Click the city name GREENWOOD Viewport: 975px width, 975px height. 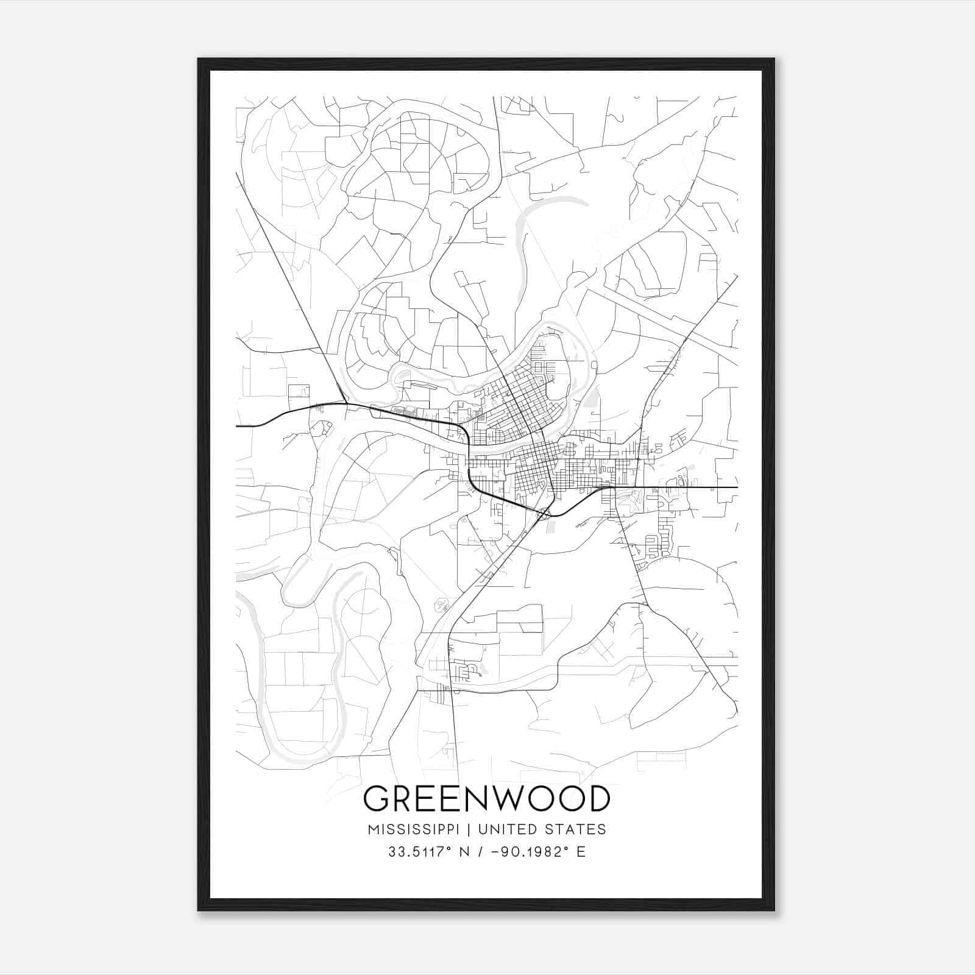point(486,799)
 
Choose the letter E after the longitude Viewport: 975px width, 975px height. point(581,852)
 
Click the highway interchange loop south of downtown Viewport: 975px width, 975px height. point(544,514)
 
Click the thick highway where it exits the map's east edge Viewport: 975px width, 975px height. point(736,487)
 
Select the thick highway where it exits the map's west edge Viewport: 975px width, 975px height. point(238,426)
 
